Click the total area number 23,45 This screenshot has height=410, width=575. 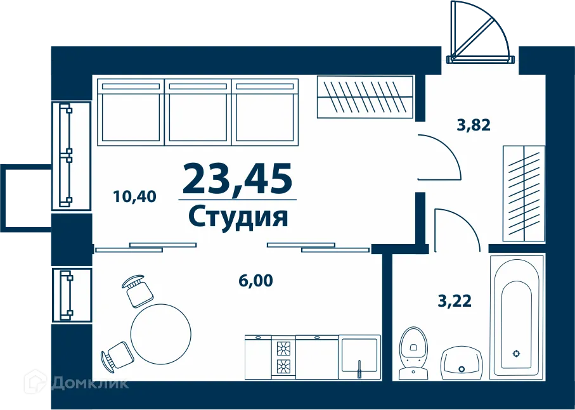237,178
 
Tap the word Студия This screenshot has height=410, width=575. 238,216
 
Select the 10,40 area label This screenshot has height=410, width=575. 134,196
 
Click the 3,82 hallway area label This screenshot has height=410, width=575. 474,124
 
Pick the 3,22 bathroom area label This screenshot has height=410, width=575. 455,301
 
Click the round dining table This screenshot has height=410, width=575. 161,331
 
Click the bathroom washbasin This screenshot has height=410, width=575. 462,362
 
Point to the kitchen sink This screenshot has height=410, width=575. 359,357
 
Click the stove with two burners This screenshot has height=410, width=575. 283,357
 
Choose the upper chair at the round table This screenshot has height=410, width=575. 137,291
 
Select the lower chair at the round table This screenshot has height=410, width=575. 117,354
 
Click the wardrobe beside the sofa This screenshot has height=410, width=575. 365,96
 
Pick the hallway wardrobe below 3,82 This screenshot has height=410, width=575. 524,193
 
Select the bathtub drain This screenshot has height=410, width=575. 516,354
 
